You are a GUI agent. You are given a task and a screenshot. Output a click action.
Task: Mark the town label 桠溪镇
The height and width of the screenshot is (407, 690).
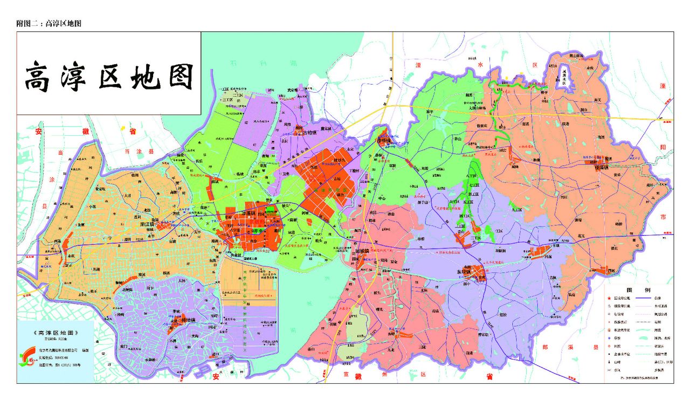point(601,167)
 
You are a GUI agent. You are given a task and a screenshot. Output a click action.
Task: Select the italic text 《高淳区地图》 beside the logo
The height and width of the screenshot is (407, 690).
point(57,334)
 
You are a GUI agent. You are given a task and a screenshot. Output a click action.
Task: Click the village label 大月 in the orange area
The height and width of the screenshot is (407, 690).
point(127,196)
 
